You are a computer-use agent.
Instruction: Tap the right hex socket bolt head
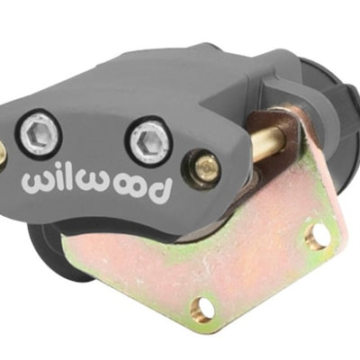[x=148, y=140]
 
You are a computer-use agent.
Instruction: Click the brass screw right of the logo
[x=204, y=167]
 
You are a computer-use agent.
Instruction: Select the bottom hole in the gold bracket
[x=203, y=309]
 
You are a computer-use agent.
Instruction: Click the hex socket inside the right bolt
[x=148, y=140]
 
